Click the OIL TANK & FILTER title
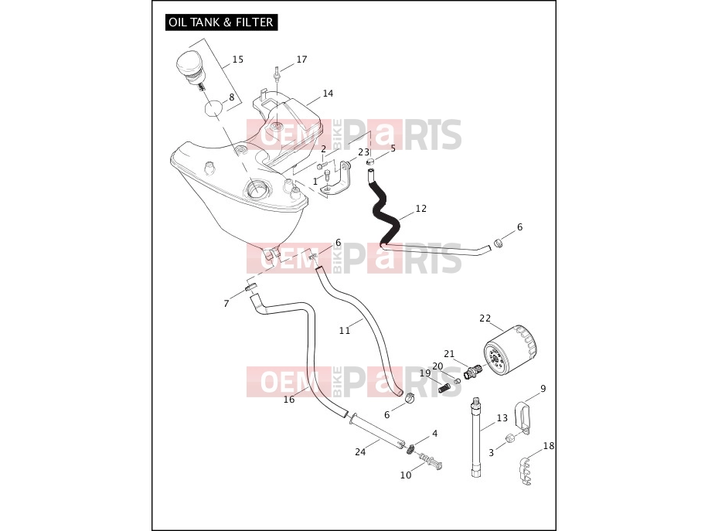pyautogui.click(x=221, y=22)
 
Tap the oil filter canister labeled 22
pyautogui.click(x=511, y=350)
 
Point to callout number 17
pyautogui.click(x=301, y=60)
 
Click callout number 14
pyautogui.click(x=328, y=93)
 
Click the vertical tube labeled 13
pyautogui.click(x=476, y=437)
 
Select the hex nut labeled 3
pyautogui.click(x=509, y=437)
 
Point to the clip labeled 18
pyautogui.click(x=524, y=470)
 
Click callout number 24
pyautogui.click(x=360, y=451)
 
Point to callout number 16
pyautogui.click(x=289, y=399)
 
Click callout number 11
pyautogui.click(x=345, y=331)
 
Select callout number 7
pyautogui.click(x=226, y=304)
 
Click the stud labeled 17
pyautogui.click(x=275, y=74)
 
